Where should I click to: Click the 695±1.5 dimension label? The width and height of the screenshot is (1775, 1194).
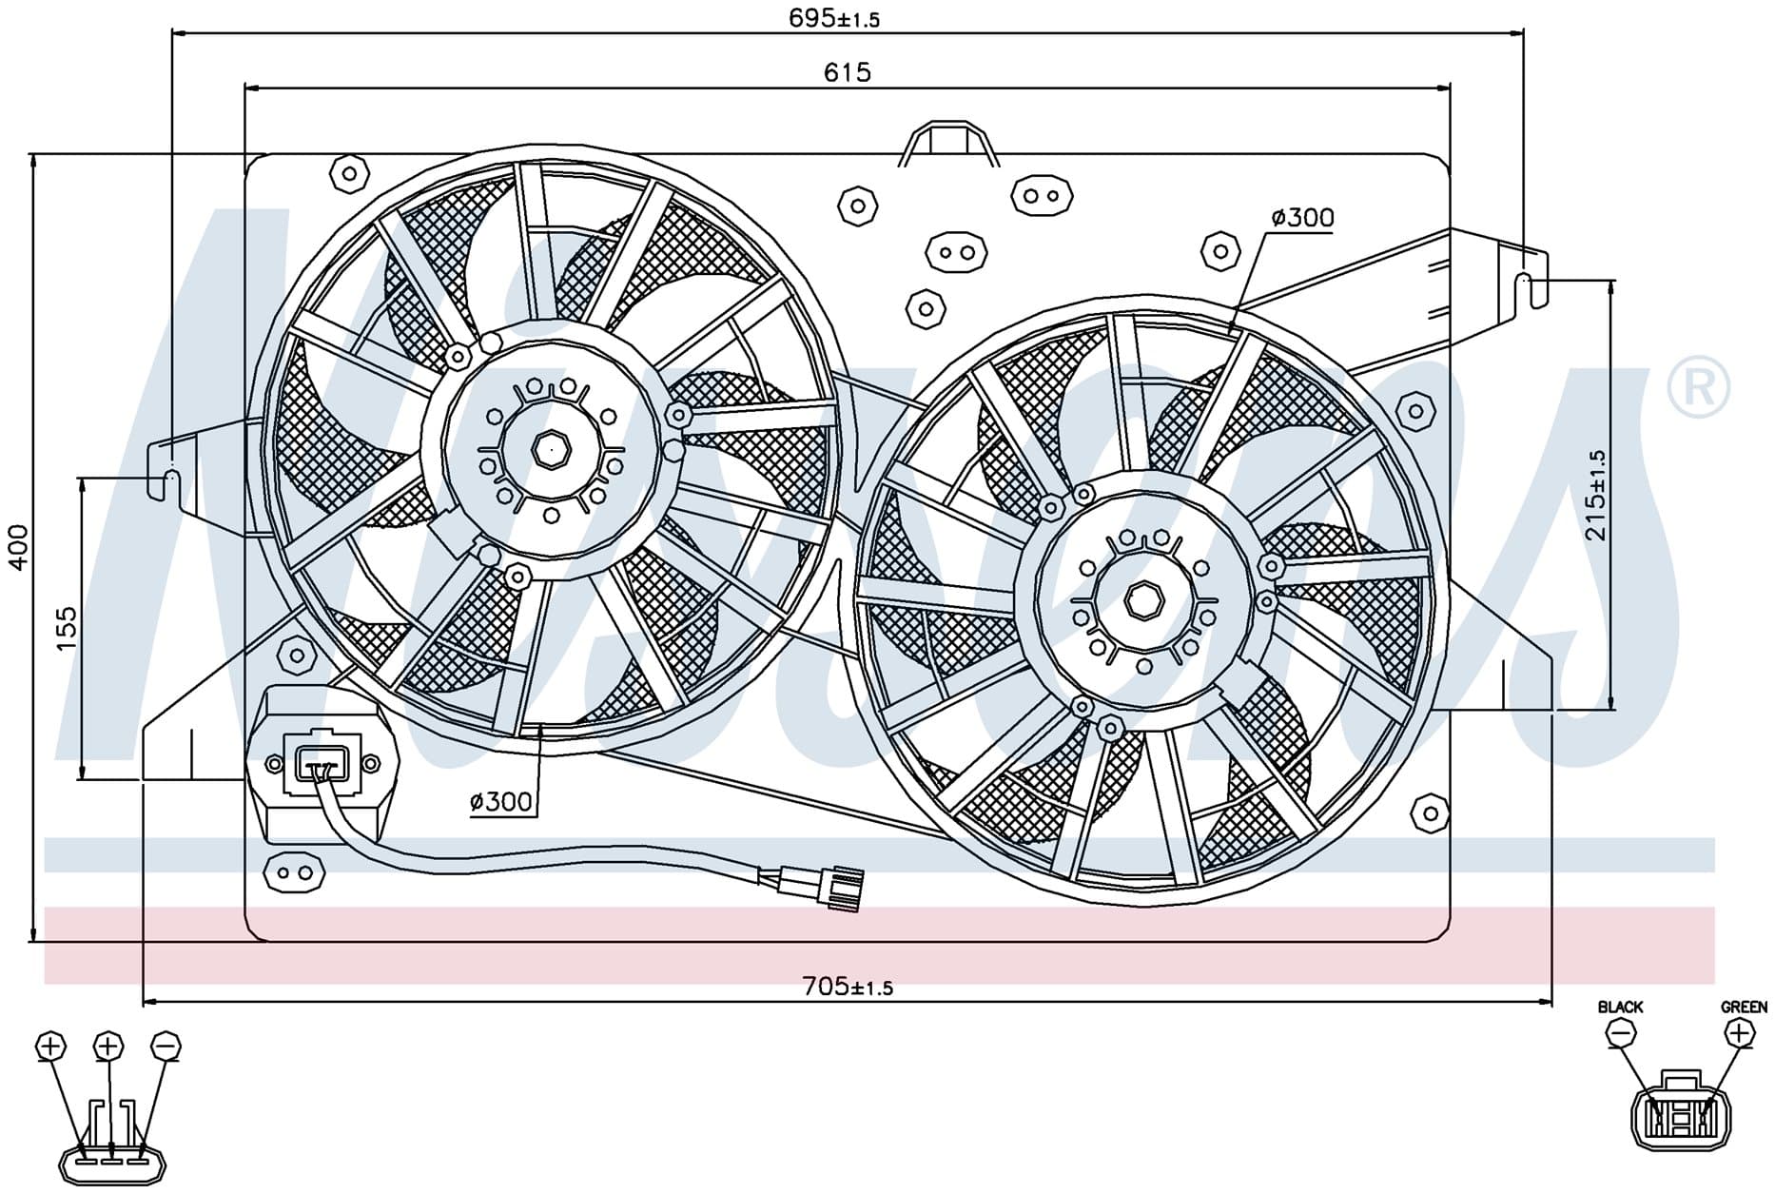[834, 18]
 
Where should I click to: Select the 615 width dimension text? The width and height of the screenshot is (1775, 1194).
[847, 72]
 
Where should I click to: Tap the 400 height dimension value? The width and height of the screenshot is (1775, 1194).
[17, 547]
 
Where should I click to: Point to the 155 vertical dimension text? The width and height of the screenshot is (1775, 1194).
[66, 629]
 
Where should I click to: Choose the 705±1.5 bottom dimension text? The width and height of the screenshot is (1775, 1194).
[848, 987]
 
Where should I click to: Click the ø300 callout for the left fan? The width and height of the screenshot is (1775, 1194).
[501, 802]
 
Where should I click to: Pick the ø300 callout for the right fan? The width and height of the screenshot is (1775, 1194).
[1302, 218]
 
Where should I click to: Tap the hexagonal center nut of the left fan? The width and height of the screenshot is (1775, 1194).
[550, 448]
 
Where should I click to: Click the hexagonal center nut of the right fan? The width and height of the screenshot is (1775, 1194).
[1141, 600]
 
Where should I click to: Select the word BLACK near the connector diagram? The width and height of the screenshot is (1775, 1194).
[1620, 1007]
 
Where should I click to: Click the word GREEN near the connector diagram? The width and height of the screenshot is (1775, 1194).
[1744, 1007]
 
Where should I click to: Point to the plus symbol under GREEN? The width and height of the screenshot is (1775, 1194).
[1738, 1032]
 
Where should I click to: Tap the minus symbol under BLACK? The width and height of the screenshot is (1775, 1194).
[1620, 1032]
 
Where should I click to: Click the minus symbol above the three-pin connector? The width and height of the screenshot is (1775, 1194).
[166, 1046]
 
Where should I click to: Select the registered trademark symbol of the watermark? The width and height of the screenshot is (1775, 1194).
[1698, 387]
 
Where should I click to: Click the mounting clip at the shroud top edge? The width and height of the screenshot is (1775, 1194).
[949, 144]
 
